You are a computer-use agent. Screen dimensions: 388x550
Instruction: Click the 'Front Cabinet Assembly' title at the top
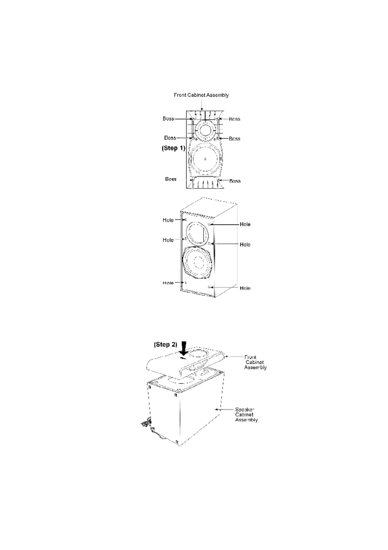(x=201, y=95)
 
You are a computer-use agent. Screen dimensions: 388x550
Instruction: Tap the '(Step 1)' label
(x=173, y=148)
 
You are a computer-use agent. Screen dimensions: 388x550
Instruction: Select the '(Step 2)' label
(x=165, y=345)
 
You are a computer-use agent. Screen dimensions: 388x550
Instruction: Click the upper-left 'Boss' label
(x=169, y=119)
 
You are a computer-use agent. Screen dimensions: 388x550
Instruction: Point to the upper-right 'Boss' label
(x=234, y=119)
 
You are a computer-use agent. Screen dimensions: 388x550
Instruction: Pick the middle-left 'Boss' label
(x=170, y=138)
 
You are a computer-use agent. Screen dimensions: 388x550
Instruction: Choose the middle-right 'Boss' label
(x=234, y=139)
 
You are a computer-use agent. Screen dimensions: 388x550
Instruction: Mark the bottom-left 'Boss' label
(x=171, y=179)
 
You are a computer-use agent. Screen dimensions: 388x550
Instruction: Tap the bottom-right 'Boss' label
(x=235, y=181)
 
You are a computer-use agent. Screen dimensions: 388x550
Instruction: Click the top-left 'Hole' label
(x=168, y=220)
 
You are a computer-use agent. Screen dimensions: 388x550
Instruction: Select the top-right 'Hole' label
(x=245, y=224)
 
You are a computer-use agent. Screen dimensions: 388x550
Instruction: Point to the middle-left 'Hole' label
(x=168, y=240)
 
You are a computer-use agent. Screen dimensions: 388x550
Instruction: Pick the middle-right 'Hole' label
(x=245, y=245)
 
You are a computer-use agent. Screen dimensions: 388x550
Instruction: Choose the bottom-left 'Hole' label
(x=168, y=283)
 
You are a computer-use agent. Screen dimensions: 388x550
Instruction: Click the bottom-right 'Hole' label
(x=245, y=288)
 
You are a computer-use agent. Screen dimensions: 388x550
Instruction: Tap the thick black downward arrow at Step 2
(x=184, y=348)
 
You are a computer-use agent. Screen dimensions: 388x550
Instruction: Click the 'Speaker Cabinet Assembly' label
(x=246, y=414)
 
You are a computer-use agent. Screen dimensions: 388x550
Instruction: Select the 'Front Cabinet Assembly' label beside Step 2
(x=255, y=362)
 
